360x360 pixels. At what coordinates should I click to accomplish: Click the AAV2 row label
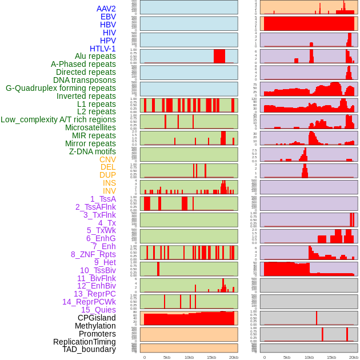coord(106,9)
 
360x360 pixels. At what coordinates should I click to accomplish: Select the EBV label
coord(108,17)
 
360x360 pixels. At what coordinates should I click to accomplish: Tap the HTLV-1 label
coord(103,49)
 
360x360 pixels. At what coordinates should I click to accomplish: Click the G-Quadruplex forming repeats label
coord(61,88)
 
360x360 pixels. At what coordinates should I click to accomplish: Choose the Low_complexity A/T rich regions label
coord(58,119)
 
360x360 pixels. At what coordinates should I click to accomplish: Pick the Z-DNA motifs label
coord(93,151)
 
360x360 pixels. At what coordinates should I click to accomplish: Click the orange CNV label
coord(107,159)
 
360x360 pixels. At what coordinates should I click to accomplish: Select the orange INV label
coord(109,191)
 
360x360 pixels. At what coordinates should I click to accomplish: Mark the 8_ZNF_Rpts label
coord(93,254)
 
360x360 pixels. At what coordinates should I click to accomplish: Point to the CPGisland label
coord(97,318)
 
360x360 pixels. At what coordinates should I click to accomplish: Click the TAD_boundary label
coord(89,349)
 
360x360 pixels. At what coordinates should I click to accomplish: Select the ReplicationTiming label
coord(85,342)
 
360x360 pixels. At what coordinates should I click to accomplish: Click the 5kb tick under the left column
coord(167,357)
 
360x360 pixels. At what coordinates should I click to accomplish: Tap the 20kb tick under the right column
coord(354,357)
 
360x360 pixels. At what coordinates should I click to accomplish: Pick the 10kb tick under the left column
coord(189,357)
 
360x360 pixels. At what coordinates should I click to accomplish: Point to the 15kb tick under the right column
coord(331,357)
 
